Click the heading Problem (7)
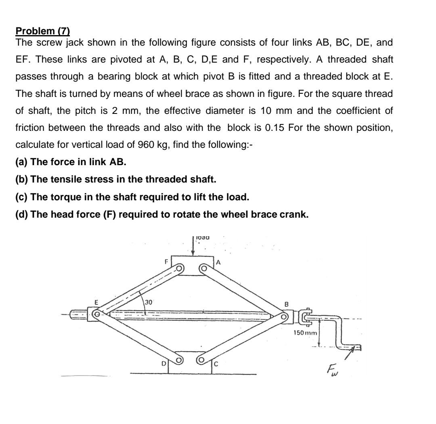42,31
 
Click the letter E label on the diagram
96,302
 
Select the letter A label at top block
218,262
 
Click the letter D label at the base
163,364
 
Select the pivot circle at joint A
204,268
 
